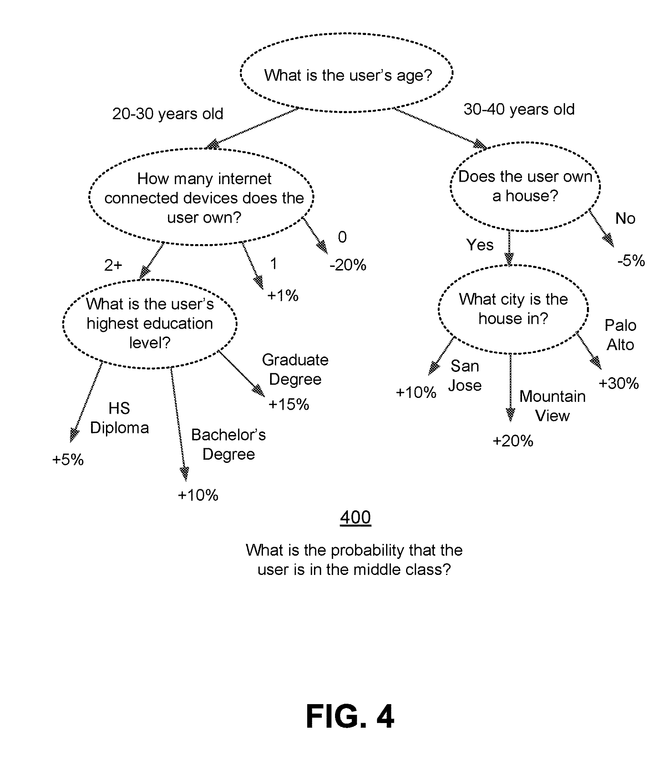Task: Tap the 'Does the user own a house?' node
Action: tap(525, 186)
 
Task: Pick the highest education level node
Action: tap(149, 323)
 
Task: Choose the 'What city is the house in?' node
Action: tap(513, 309)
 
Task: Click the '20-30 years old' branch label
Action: tap(167, 114)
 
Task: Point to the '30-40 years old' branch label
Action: tap(519, 109)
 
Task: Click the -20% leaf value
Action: tap(348, 265)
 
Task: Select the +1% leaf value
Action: tap(283, 295)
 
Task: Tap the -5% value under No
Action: tap(631, 261)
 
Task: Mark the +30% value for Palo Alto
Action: tap(618, 383)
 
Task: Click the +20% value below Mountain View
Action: tap(513, 441)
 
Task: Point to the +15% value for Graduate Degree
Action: tap(289, 404)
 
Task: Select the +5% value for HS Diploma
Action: tap(68, 460)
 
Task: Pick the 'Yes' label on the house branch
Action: tap(480, 245)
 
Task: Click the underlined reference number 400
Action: tap(355, 517)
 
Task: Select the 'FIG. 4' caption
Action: tap(349, 716)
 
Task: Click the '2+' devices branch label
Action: tap(113, 265)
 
